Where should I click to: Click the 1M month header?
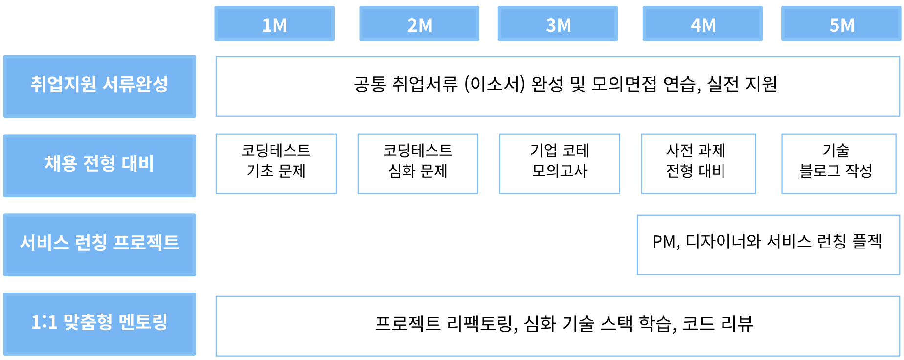274,23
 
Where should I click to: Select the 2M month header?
419,23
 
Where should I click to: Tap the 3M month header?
558,23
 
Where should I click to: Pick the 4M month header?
702,23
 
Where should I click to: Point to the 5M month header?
841,23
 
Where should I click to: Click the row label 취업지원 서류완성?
100,87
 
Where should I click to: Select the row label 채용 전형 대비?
100,166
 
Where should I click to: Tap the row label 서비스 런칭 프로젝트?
100,245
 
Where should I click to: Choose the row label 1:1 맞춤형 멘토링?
100,324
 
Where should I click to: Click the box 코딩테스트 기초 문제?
276,164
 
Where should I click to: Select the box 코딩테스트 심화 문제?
418,164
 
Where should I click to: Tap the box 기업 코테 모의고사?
560,164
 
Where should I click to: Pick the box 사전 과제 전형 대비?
699,164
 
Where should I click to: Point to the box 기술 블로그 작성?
839,164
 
